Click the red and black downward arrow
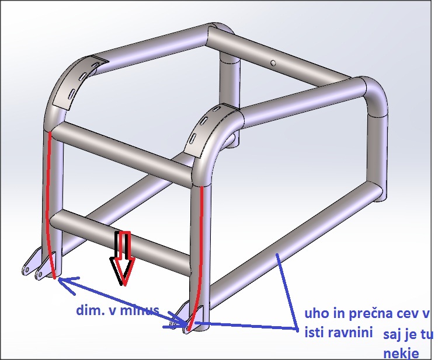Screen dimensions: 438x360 click(x=123, y=258)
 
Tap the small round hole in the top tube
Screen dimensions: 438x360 click(x=273, y=64)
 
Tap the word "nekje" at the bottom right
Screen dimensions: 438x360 click(x=401, y=354)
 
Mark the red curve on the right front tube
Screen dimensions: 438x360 click(x=199, y=257)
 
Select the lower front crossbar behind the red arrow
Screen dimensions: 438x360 click(x=120, y=237)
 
